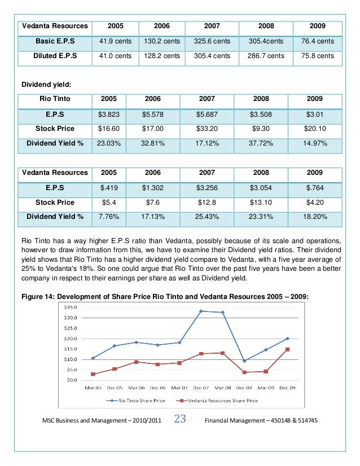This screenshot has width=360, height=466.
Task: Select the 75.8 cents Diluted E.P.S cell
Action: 318,56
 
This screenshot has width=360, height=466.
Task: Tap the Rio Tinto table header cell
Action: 55,99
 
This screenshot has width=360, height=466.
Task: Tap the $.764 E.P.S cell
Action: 318,187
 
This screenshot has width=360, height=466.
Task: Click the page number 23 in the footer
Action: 181,419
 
